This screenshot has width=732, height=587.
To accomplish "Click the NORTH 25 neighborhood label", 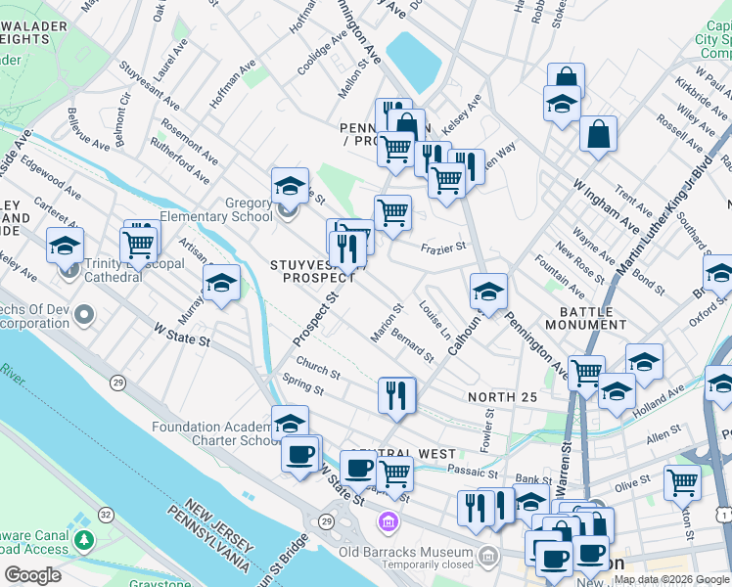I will click(502, 396).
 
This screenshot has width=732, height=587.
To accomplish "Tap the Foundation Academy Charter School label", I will click(215, 433).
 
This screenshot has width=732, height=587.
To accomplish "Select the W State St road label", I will click(182, 336).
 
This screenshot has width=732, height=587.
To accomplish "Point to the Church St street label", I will click(318, 371).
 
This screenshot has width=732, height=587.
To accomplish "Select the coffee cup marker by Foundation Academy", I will click(301, 452).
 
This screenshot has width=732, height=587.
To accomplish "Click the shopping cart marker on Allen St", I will click(682, 481).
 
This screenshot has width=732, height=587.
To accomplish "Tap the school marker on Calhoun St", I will click(488, 291).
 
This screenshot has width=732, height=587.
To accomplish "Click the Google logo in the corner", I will click(32, 575).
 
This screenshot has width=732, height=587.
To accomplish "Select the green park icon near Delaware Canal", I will click(85, 539).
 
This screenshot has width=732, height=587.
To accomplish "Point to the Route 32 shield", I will click(106, 514).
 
